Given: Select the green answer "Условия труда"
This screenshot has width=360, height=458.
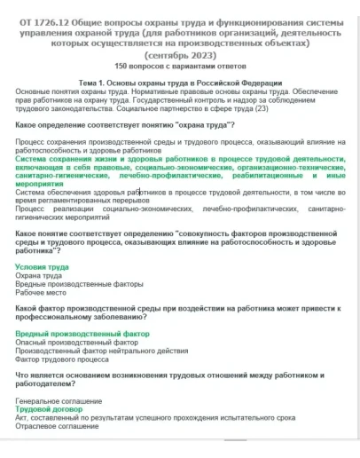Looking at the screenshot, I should tap(42, 266).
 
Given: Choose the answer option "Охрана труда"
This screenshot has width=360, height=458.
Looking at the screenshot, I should tap(39, 275).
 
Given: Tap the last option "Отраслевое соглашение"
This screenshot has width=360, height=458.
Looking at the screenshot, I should tap(57, 427).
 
